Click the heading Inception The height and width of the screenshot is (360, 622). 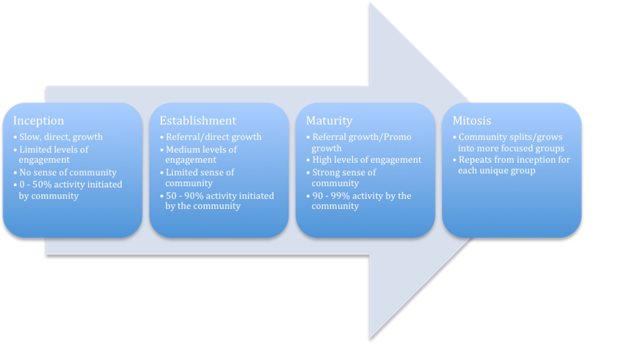click(x=39, y=121)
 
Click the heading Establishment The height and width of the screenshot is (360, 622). click(x=198, y=121)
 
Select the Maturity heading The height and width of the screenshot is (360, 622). click(x=329, y=121)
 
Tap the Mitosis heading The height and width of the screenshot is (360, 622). click(x=472, y=121)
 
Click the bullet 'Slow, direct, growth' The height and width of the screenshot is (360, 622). click(x=61, y=137)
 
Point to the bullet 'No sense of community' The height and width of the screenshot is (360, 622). click(x=68, y=172)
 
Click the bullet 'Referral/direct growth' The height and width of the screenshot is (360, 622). click(x=214, y=137)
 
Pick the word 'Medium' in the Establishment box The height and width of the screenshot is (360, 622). click(x=183, y=149)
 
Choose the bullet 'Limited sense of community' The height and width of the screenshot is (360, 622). click(x=200, y=173)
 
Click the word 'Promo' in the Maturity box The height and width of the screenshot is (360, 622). click(x=397, y=137)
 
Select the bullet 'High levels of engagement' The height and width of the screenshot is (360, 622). click(x=366, y=160)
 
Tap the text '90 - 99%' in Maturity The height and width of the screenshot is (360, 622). click(x=333, y=196)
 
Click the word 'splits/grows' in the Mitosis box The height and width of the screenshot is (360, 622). click(x=535, y=137)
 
